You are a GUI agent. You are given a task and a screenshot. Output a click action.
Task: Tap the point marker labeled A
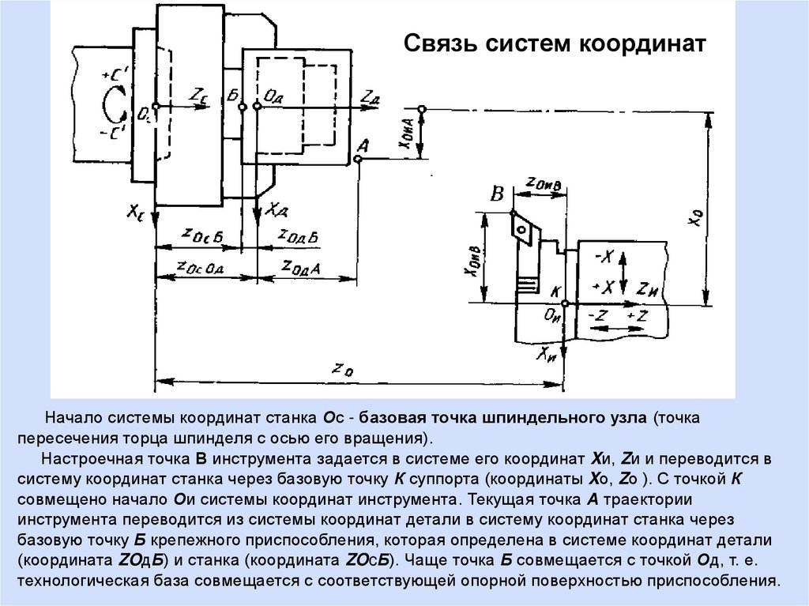(358, 160)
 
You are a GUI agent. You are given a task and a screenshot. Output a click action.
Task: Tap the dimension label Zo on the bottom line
(339, 368)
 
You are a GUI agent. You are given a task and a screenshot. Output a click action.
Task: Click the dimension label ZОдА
(299, 268)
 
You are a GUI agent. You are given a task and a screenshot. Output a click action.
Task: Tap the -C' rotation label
(110, 134)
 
